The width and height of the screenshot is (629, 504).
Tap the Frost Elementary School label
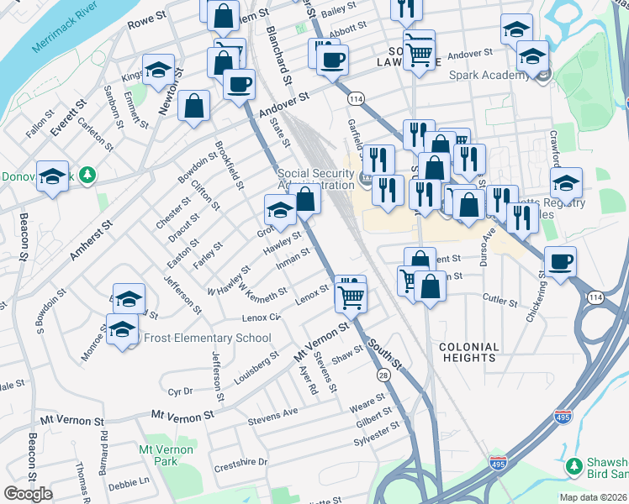click(x=208, y=339)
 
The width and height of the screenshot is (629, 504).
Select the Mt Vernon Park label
click(x=166, y=455)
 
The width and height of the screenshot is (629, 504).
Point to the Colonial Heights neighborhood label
click(x=468, y=352)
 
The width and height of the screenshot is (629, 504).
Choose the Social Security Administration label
click(x=315, y=179)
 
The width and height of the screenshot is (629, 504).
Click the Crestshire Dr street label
click(x=240, y=463)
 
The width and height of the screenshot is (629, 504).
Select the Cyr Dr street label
click(x=181, y=391)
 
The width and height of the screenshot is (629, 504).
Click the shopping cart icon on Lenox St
click(x=350, y=294)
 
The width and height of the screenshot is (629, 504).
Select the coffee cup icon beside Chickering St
click(x=561, y=261)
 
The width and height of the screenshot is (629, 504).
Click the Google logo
click(x=28, y=494)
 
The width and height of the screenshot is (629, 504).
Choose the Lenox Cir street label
click(x=261, y=318)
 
